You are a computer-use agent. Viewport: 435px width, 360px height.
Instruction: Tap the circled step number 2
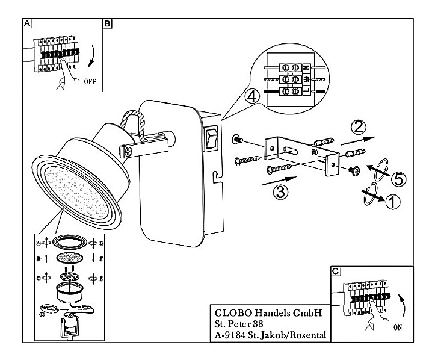click(359, 127)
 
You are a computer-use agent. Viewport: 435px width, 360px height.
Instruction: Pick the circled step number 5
click(396, 179)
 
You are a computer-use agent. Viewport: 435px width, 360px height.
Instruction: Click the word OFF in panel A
click(90, 79)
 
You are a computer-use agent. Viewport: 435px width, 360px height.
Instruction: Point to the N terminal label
click(306, 69)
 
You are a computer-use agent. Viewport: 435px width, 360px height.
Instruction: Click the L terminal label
click(305, 91)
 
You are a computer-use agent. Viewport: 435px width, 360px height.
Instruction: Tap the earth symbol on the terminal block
click(306, 79)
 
